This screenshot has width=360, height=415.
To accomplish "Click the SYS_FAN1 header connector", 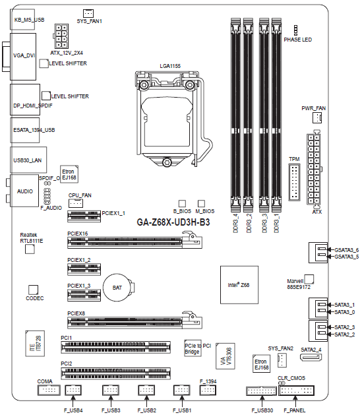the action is [88, 13].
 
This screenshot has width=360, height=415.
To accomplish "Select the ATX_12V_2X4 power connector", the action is [61, 36].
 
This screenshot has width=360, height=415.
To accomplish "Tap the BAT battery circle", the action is [117, 288].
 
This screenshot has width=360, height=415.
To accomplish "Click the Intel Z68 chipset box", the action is [239, 285].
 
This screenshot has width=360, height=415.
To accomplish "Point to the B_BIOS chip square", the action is [182, 203].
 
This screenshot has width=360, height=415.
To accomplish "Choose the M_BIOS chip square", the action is [201, 203].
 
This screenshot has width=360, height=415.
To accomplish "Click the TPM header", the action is [294, 182].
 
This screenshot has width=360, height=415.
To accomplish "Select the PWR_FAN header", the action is [317, 117].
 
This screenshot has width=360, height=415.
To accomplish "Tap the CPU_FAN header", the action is [76, 203].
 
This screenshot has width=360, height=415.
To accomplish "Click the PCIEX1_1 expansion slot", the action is [84, 216].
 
